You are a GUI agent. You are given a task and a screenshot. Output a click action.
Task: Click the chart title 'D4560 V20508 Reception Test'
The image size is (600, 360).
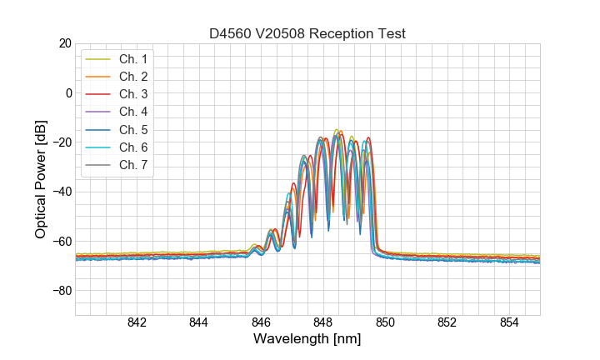point(307,33)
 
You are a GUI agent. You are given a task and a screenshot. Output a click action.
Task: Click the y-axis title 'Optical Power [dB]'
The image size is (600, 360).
point(41,178)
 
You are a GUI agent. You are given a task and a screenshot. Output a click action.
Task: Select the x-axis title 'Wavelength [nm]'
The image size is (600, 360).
point(307,340)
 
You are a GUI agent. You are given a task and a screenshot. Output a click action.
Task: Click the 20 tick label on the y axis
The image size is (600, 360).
point(63,43)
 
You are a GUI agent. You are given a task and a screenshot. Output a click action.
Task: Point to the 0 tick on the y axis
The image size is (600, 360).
point(67,92)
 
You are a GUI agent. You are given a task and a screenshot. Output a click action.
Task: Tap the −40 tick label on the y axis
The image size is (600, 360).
point(60,192)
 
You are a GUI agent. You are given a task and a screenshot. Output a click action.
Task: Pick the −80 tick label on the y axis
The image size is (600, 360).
point(60,291)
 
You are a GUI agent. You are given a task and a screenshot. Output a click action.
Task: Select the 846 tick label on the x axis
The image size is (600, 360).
point(261,322)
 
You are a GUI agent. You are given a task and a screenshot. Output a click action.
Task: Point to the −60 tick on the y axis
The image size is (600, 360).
point(60,242)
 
